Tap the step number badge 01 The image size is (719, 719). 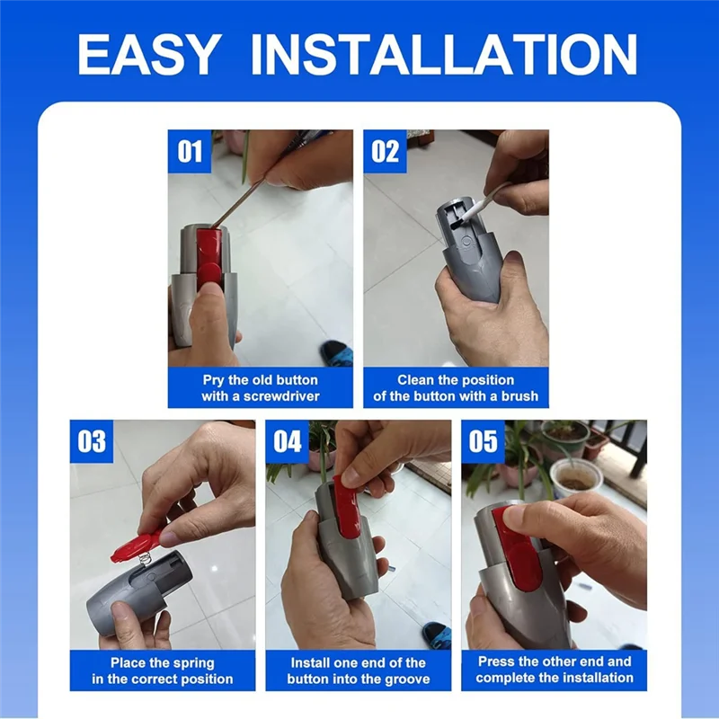(x=190, y=151)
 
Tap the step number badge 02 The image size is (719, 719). (x=385, y=151)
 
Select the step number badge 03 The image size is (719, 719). (x=92, y=441)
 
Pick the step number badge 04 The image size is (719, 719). (x=287, y=441)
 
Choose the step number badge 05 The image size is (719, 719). (x=483, y=441)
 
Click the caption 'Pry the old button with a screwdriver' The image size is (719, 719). (x=261, y=387)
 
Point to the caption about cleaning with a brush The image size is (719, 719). (x=456, y=387)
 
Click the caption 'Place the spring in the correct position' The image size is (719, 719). (x=163, y=670)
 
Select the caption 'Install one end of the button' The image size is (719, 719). (x=359, y=670)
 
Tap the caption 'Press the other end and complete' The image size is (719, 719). (x=555, y=670)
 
